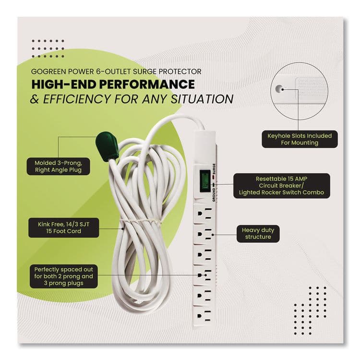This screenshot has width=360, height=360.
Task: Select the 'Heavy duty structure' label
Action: point(257,234)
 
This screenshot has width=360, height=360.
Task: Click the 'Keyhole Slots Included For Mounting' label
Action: point(299,139)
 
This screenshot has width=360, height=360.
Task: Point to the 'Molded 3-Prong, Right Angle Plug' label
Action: point(61,166)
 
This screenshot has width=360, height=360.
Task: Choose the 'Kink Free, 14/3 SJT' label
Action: point(61,224)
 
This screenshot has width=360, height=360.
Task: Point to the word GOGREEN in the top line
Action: point(47,71)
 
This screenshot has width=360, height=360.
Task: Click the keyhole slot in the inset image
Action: point(278,88)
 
